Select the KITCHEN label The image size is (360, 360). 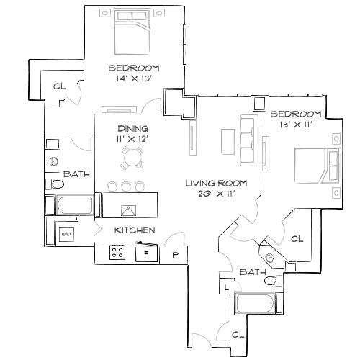(x=135, y=230)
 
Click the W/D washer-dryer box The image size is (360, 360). (x=65, y=234)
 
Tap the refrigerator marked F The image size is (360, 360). (x=146, y=253)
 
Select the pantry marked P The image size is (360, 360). (x=175, y=253)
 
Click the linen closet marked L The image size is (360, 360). (x=227, y=287)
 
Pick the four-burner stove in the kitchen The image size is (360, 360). (x=117, y=252)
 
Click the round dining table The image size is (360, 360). (x=131, y=156)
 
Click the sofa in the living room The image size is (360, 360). (x=247, y=137)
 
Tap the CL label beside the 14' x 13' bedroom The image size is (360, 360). (x=59, y=86)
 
